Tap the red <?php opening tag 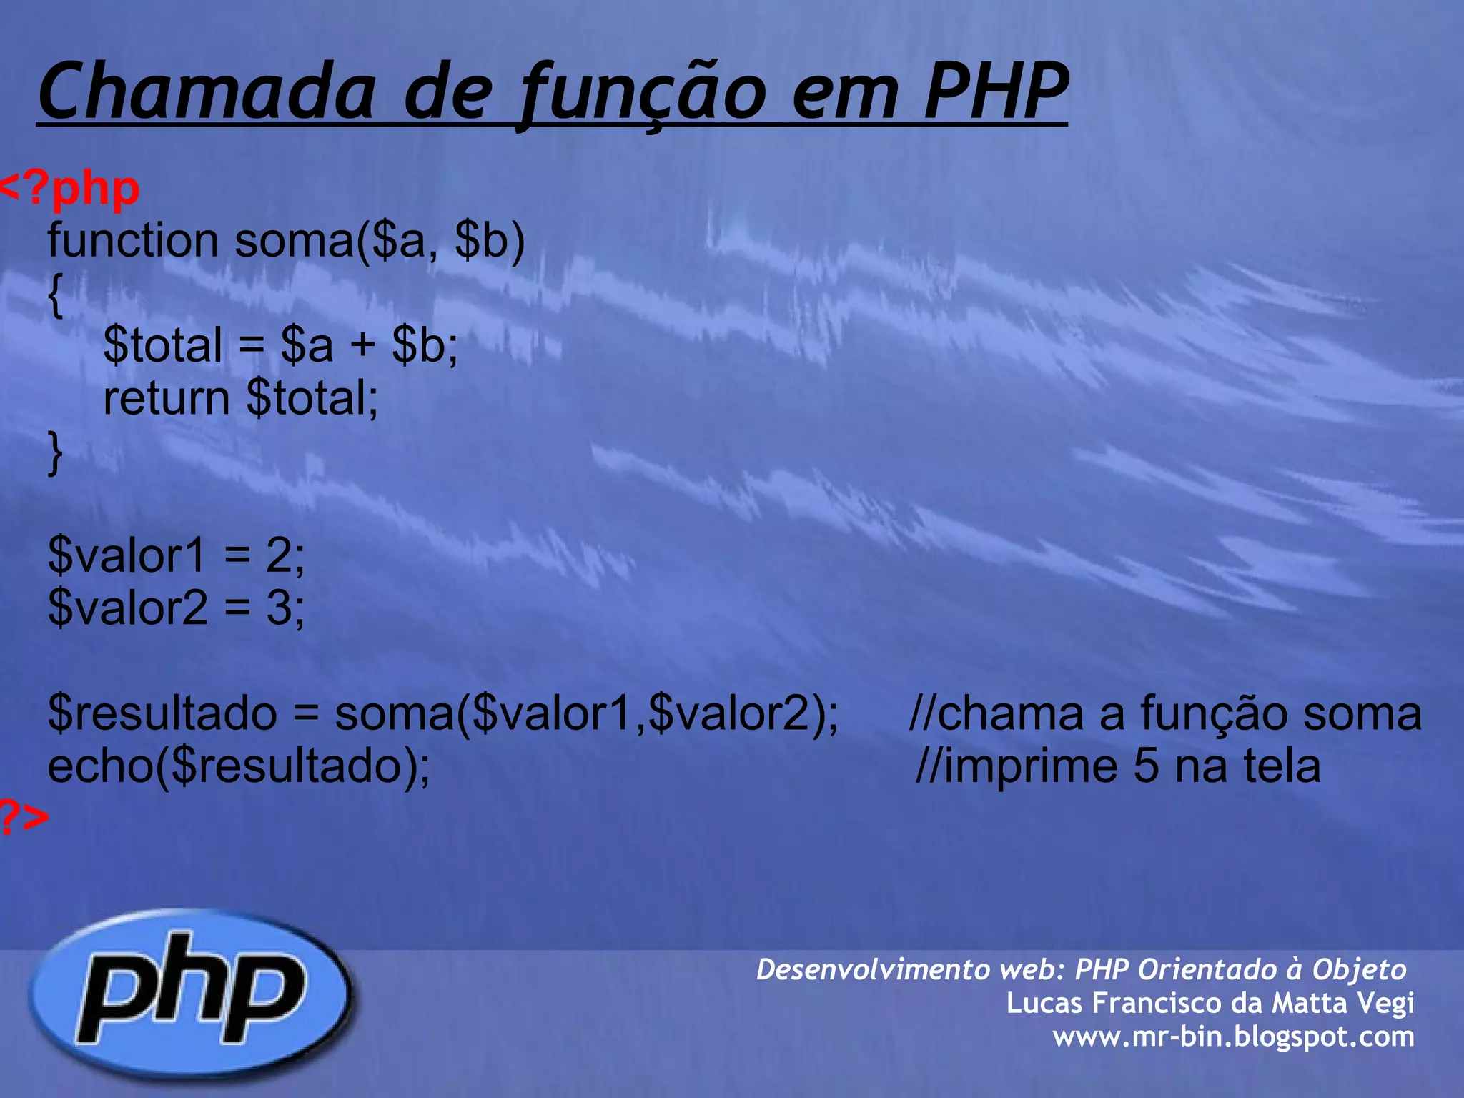pyautogui.click(x=69, y=189)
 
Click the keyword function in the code pyautogui.click(x=133, y=241)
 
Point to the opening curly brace pyautogui.click(x=55, y=294)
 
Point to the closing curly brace pyautogui.click(x=55, y=452)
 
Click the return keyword pyautogui.click(x=166, y=398)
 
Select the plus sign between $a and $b pyautogui.click(x=362, y=345)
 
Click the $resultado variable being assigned pyautogui.click(x=162, y=713)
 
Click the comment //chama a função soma pyautogui.click(x=1165, y=713)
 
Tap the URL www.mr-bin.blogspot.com pyautogui.click(x=1233, y=1037)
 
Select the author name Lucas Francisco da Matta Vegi pyautogui.click(x=1210, y=1003)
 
